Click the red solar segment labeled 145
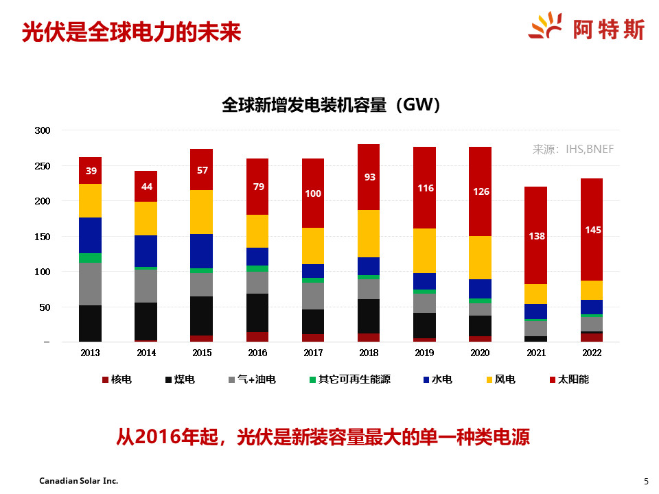[x=592, y=229]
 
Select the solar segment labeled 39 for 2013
[x=90, y=170]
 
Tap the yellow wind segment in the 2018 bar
[x=369, y=233]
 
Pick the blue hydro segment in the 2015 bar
[x=201, y=251]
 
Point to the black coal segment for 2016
[x=257, y=313]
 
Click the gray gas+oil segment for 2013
[x=90, y=284]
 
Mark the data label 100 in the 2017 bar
[x=313, y=193]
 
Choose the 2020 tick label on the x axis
[x=481, y=353]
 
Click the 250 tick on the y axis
[x=42, y=166]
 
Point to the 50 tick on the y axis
[x=45, y=307]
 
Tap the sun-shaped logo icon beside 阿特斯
[x=547, y=27]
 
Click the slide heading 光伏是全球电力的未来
[x=132, y=32]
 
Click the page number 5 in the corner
[x=645, y=481]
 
